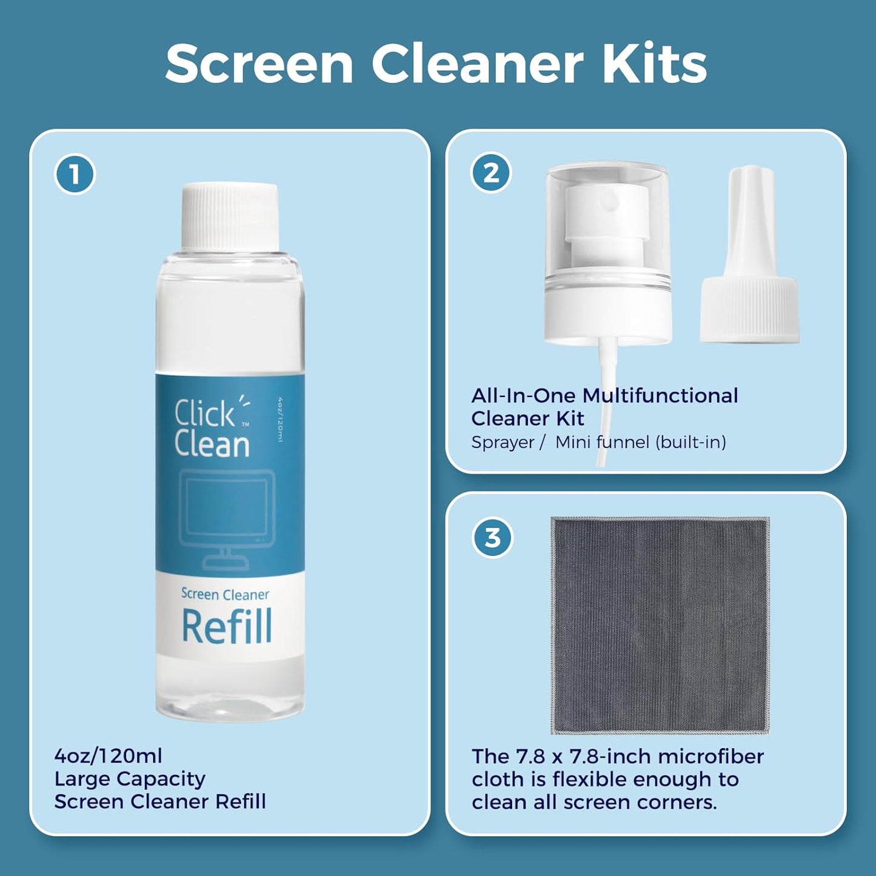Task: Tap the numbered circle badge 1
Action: point(75,175)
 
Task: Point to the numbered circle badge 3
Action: point(492,538)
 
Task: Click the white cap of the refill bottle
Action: point(230,216)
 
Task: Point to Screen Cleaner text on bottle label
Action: point(225,595)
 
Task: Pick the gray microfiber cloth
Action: point(660,624)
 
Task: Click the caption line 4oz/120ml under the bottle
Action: point(109,756)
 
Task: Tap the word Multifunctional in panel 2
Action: point(660,396)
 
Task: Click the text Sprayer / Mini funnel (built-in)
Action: point(598,443)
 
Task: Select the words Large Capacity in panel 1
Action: point(130,779)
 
